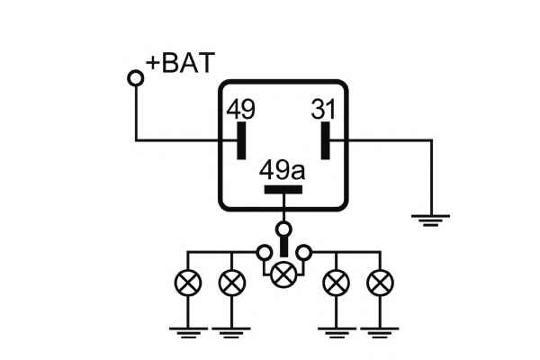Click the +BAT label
tap(181, 64)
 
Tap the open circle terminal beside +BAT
tap(136, 79)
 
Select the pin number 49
tap(240, 110)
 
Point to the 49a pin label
tap(283, 169)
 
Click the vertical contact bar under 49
tap(240, 139)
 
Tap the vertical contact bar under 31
tap(324, 139)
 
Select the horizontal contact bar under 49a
tap(283, 189)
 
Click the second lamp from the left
tap(232, 283)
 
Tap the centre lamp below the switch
tap(284, 273)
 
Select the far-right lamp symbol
tap(380, 283)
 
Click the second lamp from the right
tap(337, 283)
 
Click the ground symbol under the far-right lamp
tap(380, 335)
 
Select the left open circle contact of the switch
tap(264, 251)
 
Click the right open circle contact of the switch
tap(305, 251)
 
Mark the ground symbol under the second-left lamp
tap(232, 335)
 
